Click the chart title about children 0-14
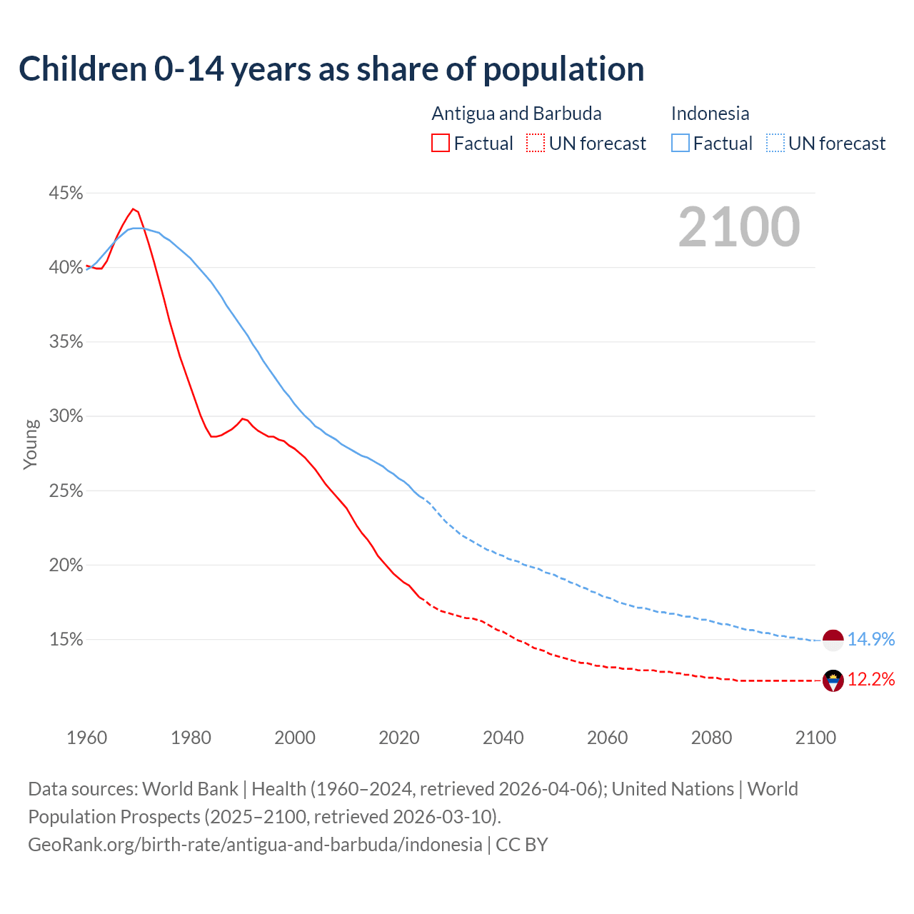331,69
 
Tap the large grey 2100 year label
738,227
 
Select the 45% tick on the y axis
66,194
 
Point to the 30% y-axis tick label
66,416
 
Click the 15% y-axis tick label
66,640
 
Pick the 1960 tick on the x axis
86,738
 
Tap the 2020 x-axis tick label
398,738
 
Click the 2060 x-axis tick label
607,738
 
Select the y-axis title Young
31,444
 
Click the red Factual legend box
441,144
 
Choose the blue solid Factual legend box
681,144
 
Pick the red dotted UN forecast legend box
536,144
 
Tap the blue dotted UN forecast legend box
775,144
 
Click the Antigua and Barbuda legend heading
516,114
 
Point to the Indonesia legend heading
710,114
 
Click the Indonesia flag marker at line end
833,640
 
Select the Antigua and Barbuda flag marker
833,681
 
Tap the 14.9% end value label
871,640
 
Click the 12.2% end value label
871,680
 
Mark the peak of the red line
134,209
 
